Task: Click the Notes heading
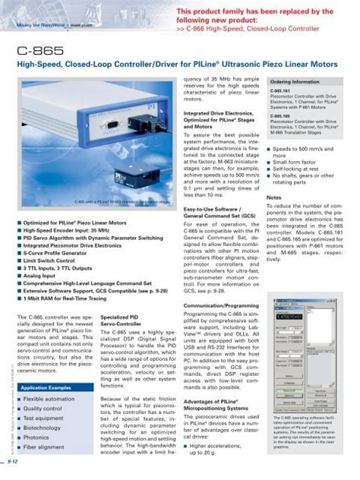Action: pos(275,175)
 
